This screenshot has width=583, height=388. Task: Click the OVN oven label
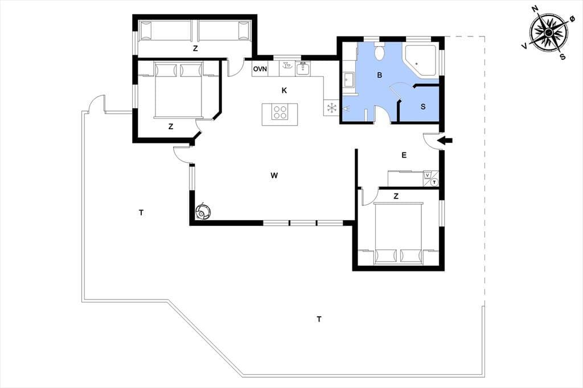click(260, 69)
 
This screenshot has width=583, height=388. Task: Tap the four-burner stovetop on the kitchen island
click(280, 113)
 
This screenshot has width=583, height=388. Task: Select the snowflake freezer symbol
click(331, 108)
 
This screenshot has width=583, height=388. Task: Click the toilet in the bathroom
click(380, 52)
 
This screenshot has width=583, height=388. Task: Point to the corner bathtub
click(421, 61)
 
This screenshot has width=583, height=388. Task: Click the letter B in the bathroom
click(380, 75)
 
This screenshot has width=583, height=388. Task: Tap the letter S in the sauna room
click(423, 106)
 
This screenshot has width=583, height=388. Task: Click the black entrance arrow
click(445, 141)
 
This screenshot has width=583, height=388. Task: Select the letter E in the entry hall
click(404, 155)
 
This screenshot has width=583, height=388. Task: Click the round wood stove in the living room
click(203, 212)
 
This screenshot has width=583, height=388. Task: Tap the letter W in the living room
click(274, 175)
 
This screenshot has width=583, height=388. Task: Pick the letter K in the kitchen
click(285, 90)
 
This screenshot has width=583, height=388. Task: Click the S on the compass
click(563, 57)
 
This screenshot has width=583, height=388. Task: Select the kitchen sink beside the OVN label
click(303, 69)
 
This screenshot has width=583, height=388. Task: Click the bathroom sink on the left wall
click(349, 80)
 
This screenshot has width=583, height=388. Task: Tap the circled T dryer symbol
click(434, 183)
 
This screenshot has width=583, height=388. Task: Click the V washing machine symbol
click(427, 175)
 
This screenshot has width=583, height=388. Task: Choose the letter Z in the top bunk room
click(195, 48)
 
